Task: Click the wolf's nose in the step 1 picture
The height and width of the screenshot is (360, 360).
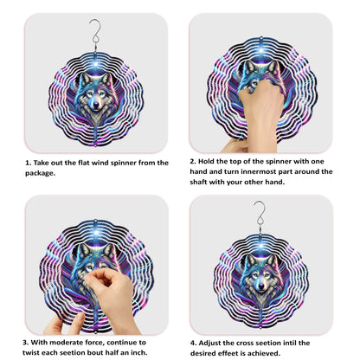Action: pos(90,111)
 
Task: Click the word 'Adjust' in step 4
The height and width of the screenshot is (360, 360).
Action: pos(215,342)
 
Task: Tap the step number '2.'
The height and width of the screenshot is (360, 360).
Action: pos(193,160)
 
